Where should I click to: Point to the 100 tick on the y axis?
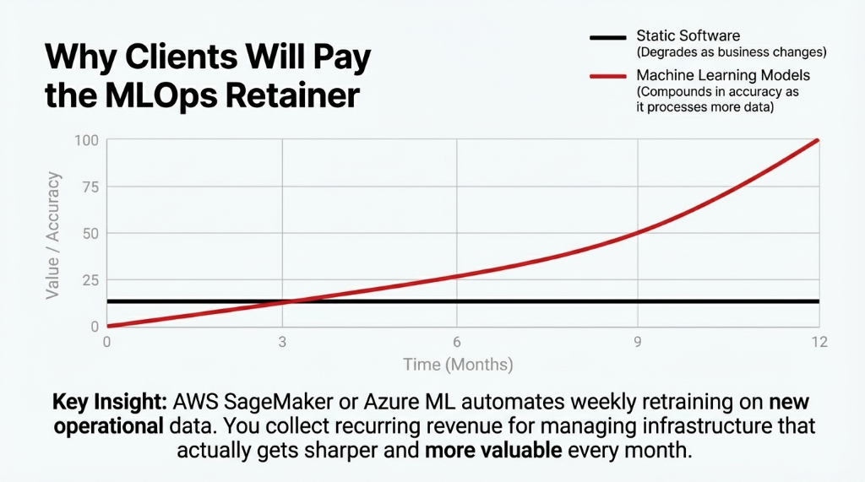(x=88, y=139)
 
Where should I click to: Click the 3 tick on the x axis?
(x=282, y=342)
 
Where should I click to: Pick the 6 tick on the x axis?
(x=457, y=342)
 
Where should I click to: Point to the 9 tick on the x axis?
(x=638, y=342)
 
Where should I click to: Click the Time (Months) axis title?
(x=457, y=365)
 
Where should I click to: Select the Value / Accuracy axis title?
(x=53, y=234)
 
